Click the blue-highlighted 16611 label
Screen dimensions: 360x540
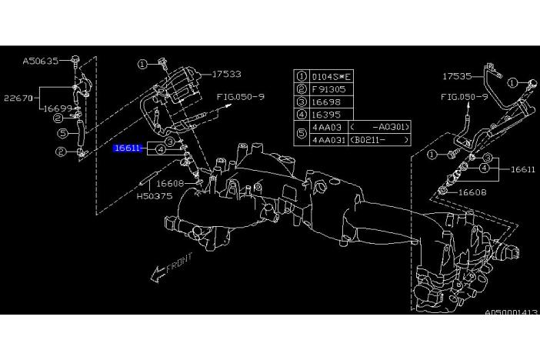[x=127, y=147]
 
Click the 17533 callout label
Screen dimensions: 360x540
[x=226, y=75]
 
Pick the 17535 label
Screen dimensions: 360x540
[x=457, y=77]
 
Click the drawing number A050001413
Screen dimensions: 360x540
[x=512, y=313]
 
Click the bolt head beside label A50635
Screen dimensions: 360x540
[x=75, y=58]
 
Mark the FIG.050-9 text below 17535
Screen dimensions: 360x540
[x=465, y=98]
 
